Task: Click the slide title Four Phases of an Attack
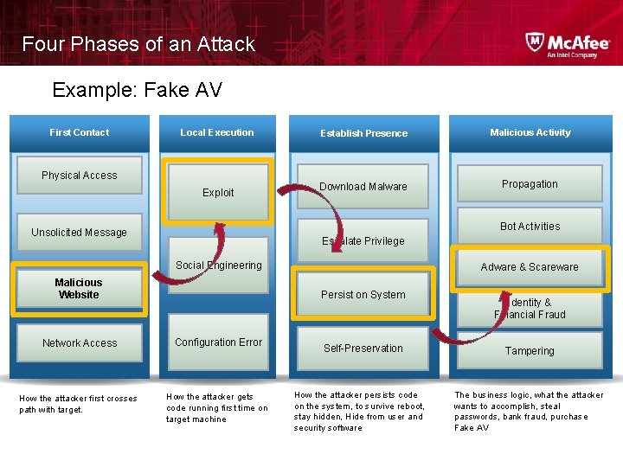138,44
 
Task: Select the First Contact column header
79,132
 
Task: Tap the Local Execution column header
217,132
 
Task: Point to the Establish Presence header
363,133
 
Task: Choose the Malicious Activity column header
530,132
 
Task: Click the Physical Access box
79,176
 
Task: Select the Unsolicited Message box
79,232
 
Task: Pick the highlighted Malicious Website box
79,288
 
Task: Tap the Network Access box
80,343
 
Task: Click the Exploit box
218,192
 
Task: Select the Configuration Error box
218,342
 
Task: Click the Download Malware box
363,187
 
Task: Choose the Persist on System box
363,295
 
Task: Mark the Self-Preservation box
363,349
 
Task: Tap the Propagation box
530,184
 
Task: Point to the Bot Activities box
530,227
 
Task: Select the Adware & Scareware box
530,267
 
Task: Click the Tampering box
530,351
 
